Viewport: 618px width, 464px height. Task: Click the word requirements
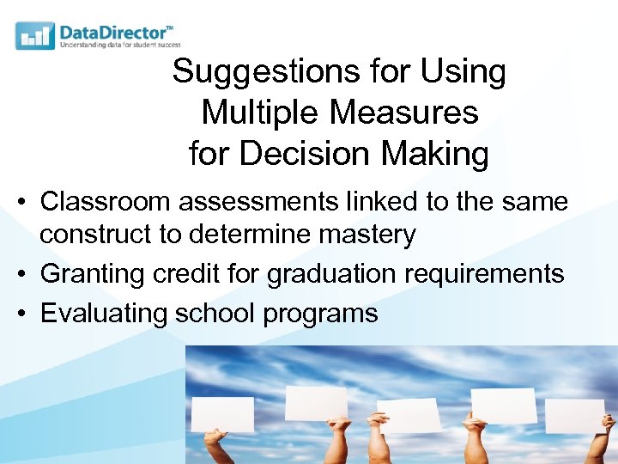489,274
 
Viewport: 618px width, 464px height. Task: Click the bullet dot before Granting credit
20,274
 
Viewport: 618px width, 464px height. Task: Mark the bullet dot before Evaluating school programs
20,314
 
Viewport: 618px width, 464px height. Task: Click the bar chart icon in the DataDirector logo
35,35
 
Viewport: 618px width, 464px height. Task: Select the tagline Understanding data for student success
119,45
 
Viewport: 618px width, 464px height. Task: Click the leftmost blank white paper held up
222,414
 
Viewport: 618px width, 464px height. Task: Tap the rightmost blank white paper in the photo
575,416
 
